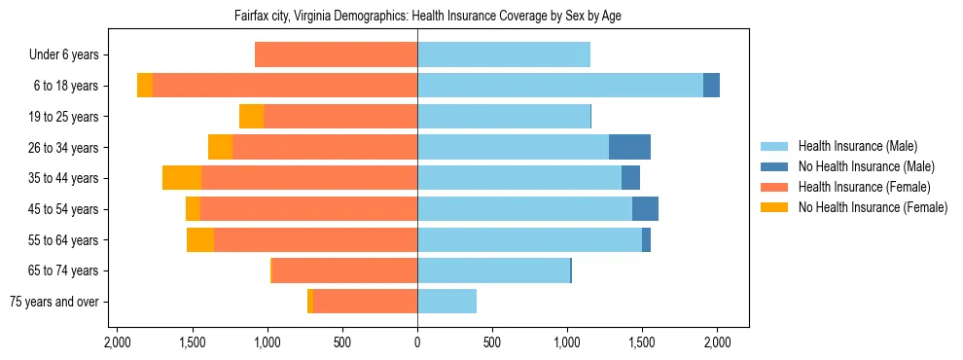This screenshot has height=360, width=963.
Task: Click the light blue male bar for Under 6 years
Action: [504, 55]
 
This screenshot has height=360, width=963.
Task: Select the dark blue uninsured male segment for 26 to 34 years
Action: [629, 148]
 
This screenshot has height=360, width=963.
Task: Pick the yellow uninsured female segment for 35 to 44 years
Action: [182, 178]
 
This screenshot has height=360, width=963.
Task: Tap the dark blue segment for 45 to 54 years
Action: [645, 209]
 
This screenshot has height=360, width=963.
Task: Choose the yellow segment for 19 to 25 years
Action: [252, 117]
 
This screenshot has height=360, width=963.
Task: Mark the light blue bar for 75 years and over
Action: [446, 302]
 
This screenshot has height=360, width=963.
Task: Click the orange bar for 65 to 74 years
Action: [344, 270]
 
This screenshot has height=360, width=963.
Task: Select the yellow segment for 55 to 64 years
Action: [200, 240]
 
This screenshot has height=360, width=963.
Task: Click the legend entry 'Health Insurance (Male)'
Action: [858, 146]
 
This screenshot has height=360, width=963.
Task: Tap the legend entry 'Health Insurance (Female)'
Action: [863, 187]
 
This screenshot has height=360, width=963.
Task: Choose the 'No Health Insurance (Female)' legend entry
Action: [873, 207]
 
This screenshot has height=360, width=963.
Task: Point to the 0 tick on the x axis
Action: [417, 342]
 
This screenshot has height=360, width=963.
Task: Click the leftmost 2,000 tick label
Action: [117, 342]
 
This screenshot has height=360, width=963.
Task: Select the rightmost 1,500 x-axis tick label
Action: [643, 342]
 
